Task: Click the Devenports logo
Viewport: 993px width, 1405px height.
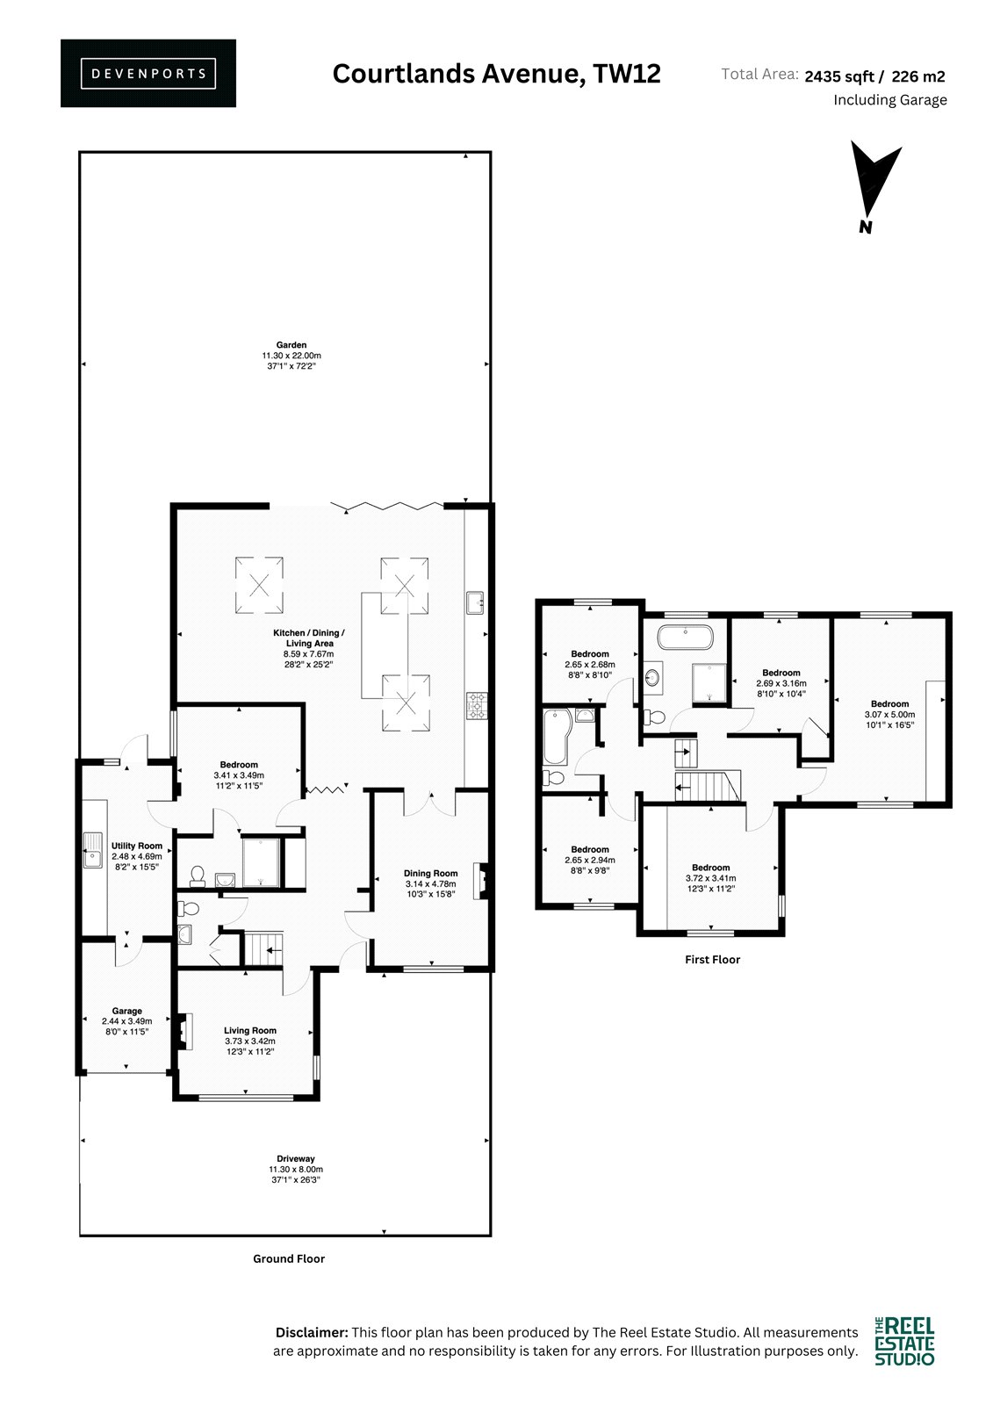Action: (x=148, y=74)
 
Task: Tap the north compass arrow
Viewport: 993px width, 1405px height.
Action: (x=874, y=188)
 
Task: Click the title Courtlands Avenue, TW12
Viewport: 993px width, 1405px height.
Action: (x=496, y=74)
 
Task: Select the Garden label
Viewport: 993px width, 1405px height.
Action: (x=291, y=345)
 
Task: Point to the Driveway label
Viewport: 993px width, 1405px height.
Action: (x=296, y=1158)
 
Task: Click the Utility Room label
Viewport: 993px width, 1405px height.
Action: (x=137, y=846)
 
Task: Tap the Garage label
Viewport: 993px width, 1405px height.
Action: (x=126, y=1011)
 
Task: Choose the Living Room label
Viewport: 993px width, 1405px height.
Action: (x=249, y=1030)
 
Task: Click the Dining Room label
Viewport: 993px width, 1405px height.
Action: (x=430, y=873)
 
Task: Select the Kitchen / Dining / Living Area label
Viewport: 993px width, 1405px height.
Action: (x=309, y=638)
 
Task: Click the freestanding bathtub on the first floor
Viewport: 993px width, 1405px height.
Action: (x=685, y=638)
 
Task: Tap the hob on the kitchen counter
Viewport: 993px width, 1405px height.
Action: (x=477, y=706)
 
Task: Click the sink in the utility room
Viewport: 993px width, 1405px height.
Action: (x=92, y=850)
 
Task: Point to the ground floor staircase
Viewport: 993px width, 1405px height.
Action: (x=263, y=949)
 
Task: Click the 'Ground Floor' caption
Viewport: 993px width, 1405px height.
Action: (x=289, y=1258)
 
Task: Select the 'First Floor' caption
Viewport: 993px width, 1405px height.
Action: (x=712, y=959)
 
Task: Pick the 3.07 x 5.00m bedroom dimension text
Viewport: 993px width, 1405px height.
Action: (x=889, y=715)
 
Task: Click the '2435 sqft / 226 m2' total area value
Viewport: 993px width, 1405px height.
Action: (x=874, y=76)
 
